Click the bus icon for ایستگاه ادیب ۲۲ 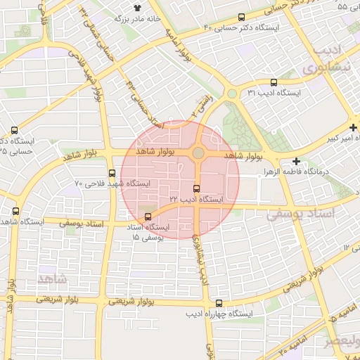click(x=196, y=188)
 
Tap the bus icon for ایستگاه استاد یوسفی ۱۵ click(x=148, y=217)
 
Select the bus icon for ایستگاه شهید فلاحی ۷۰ click(x=112, y=173)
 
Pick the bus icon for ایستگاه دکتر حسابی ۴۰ click(x=242, y=17)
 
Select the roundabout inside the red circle click(x=199, y=153)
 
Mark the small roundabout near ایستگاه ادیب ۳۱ click(x=231, y=94)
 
